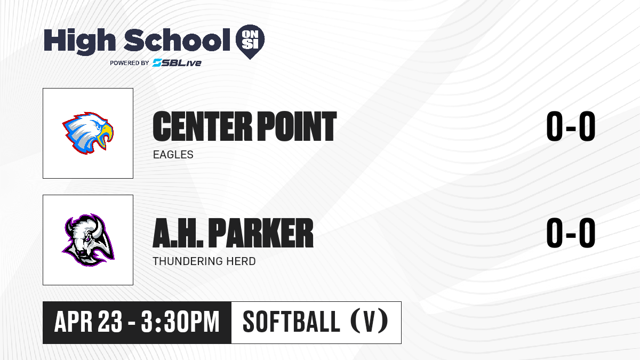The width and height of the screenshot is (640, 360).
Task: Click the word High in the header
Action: (x=80, y=41)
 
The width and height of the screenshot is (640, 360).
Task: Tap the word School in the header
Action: (x=177, y=40)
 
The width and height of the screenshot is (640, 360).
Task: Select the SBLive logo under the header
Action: (x=177, y=62)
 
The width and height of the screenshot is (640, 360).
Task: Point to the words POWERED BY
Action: (x=130, y=63)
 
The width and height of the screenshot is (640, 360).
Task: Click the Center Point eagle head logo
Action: (x=88, y=133)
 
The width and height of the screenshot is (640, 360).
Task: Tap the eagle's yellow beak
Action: (x=105, y=135)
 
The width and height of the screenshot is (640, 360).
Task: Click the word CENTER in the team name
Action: (x=202, y=126)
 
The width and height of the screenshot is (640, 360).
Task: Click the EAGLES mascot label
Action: (x=173, y=155)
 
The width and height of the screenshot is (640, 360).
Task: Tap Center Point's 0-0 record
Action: (x=571, y=126)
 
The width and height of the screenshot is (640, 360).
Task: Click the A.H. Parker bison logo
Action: (x=88, y=240)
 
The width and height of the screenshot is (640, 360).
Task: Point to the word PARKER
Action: (x=261, y=233)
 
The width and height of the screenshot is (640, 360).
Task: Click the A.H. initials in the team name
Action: (x=178, y=233)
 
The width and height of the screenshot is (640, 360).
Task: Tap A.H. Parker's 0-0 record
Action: (x=571, y=233)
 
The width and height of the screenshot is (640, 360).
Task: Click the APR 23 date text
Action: (x=89, y=322)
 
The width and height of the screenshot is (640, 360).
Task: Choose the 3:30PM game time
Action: (x=180, y=322)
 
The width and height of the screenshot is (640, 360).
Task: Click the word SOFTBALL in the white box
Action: (x=291, y=322)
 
